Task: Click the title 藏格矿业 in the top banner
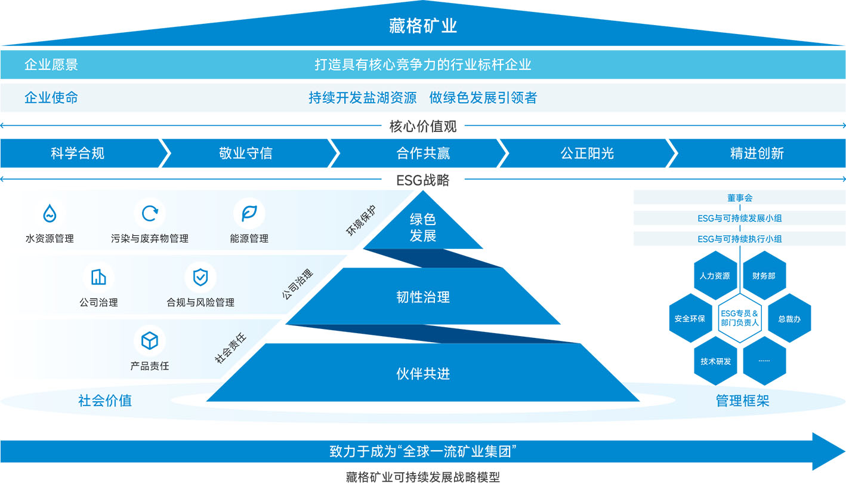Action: click(x=423, y=26)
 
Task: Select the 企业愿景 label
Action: click(x=51, y=64)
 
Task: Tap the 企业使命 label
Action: click(x=51, y=97)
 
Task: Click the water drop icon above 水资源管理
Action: click(x=50, y=214)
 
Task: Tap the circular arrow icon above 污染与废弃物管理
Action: click(x=150, y=214)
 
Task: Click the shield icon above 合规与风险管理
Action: click(x=200, y=277)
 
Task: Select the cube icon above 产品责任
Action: click(x=150, y=340)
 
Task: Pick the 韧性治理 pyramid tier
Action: click(x=423, y=296)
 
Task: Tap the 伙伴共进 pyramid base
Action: click(x=423, y=373)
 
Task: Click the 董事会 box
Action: click(x=739, y=198)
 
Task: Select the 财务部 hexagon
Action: click(x=764, y=275)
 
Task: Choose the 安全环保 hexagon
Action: click(x=690, y=318)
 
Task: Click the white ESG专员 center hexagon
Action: click(x=739, y=318)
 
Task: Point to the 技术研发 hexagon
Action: click(x=715, y=361)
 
